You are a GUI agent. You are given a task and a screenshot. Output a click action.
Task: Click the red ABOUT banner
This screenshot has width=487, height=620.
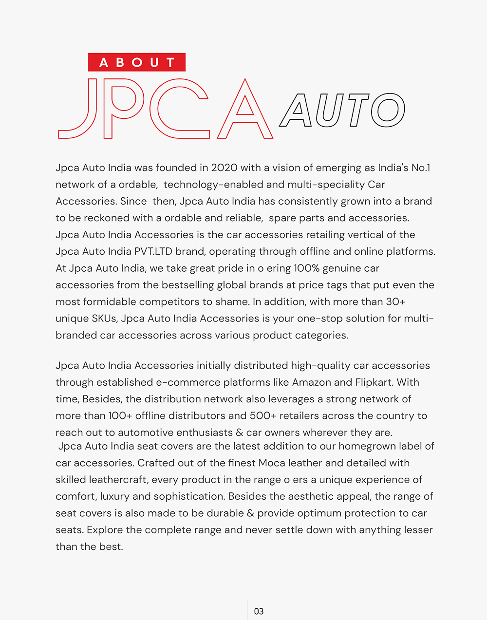pos(137,62)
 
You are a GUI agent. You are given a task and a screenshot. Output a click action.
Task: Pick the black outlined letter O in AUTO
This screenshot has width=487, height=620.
pos(388,110)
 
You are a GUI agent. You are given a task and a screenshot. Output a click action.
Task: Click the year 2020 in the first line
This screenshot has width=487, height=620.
pos(224,168)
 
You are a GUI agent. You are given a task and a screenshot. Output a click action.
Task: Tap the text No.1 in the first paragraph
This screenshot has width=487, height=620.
pos(421,168)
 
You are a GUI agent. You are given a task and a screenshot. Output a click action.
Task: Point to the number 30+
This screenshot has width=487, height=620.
pos(395,302)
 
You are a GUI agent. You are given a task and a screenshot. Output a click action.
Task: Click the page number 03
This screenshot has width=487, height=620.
pos(259,611)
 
